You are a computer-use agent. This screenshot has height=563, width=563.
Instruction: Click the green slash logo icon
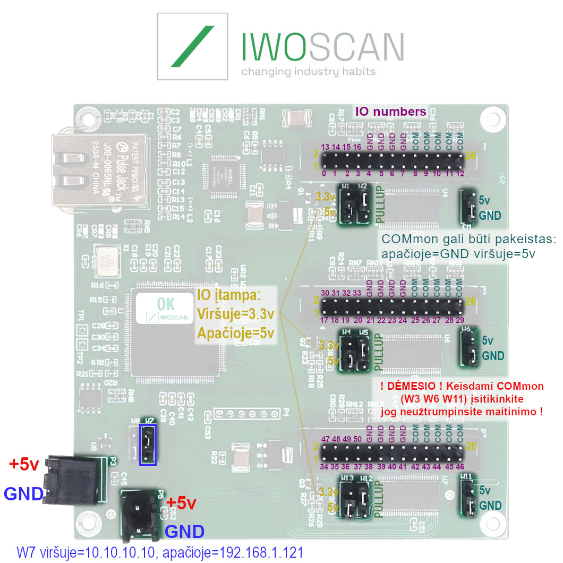(192, 46)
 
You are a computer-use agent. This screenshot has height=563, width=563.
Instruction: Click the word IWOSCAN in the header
(322, 47)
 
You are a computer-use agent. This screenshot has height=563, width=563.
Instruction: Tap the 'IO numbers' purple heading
(390, 112)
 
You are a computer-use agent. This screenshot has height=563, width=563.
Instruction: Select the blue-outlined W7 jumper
(148, 444)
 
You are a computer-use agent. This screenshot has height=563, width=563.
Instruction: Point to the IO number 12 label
(460, 174)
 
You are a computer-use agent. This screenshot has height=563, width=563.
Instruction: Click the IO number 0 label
(324, 174)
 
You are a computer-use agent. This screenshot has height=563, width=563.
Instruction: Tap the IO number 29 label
(460, 320)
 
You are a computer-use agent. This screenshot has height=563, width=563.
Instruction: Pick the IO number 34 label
(324, 467)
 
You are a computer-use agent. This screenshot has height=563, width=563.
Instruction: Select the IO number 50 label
(358, 439)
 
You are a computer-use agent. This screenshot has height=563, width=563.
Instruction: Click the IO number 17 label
(324, 320)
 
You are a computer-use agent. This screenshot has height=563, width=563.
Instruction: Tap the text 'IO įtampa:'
(229, 295)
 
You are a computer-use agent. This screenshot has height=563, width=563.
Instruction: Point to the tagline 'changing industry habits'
(308, 72)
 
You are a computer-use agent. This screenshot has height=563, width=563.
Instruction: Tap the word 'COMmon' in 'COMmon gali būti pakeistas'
(402, 238)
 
